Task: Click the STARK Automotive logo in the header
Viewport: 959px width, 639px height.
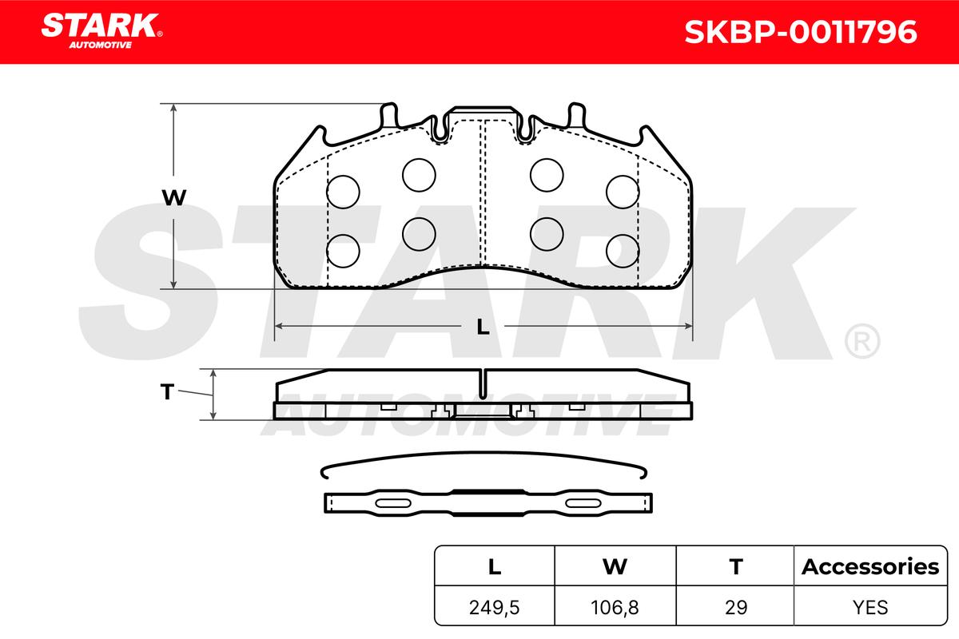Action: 101,31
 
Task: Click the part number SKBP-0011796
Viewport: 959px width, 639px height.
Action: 801,32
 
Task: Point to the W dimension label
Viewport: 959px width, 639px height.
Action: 174,198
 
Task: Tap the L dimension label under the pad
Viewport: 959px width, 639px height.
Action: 483,327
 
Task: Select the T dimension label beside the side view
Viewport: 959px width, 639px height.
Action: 167,391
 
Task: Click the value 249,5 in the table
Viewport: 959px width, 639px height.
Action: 495,607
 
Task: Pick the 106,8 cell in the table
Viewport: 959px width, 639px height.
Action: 615,607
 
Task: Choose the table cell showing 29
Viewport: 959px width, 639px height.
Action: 736,607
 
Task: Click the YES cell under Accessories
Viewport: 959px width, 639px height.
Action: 870,607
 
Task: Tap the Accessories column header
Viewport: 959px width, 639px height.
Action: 870,566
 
